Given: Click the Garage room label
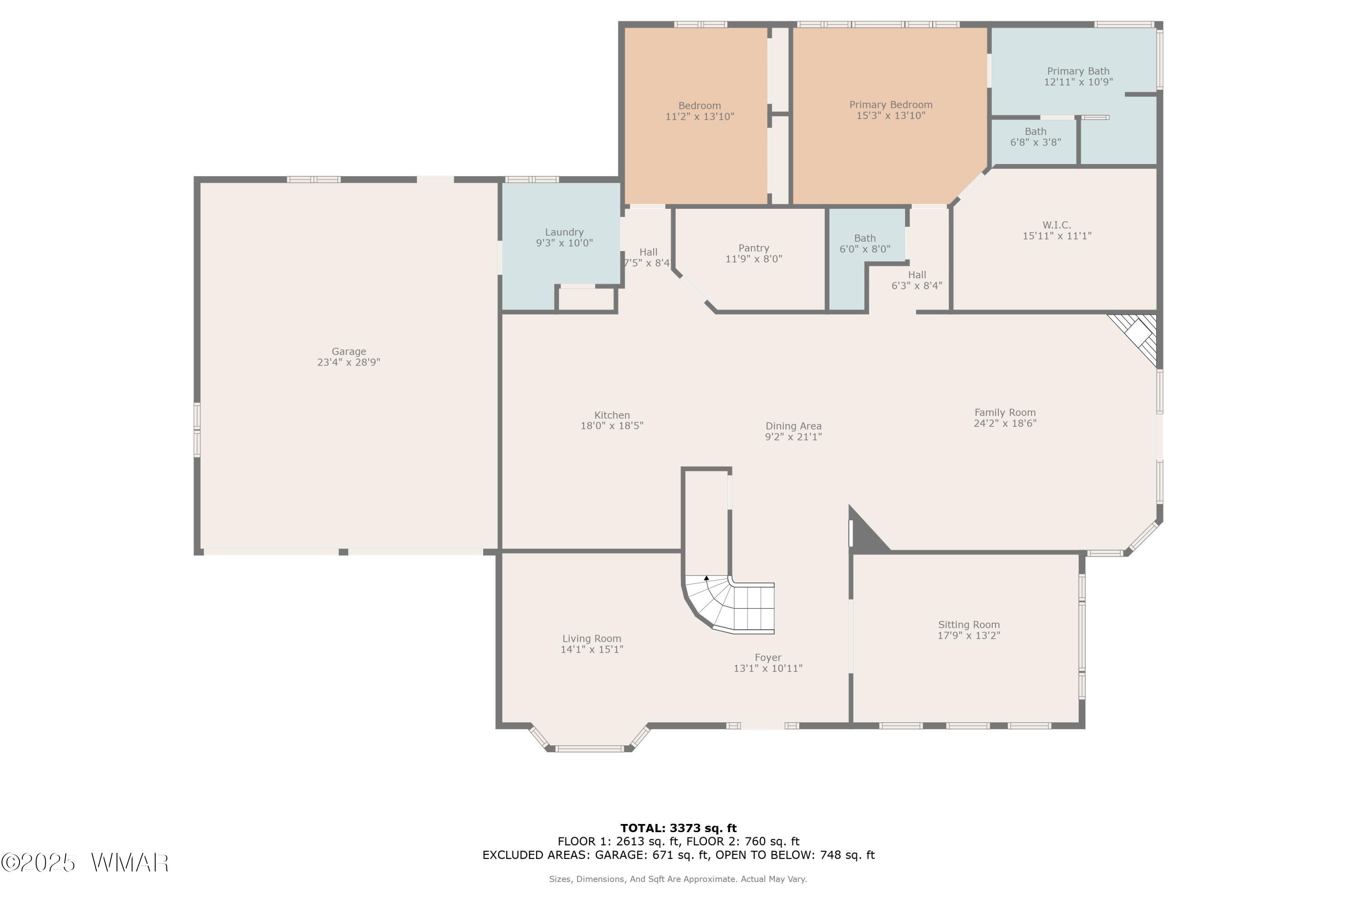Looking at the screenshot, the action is click(x=348, y=351).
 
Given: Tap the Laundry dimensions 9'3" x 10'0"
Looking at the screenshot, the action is click(x=564, y=243).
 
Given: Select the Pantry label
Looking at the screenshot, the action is click(x=754, y=248).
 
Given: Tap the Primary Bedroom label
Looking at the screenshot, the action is click(x=891, y=105).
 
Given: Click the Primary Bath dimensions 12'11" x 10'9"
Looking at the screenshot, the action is click(x=1078, y=82).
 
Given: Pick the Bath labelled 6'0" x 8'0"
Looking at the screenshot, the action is click(x=865, y=243).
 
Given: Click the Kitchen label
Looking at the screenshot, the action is click(x=612, y=415).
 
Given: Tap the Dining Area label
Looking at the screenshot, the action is click(x=793, y=426).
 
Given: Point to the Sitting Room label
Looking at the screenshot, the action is click(x=969, y=624).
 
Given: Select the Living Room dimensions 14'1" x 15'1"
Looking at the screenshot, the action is click(x=592, y=649).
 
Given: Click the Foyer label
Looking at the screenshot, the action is click(x=768, y=658).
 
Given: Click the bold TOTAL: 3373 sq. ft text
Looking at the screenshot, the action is click(x=678, y=829).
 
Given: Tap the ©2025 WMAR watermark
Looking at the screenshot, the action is click(x=85, y=863).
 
